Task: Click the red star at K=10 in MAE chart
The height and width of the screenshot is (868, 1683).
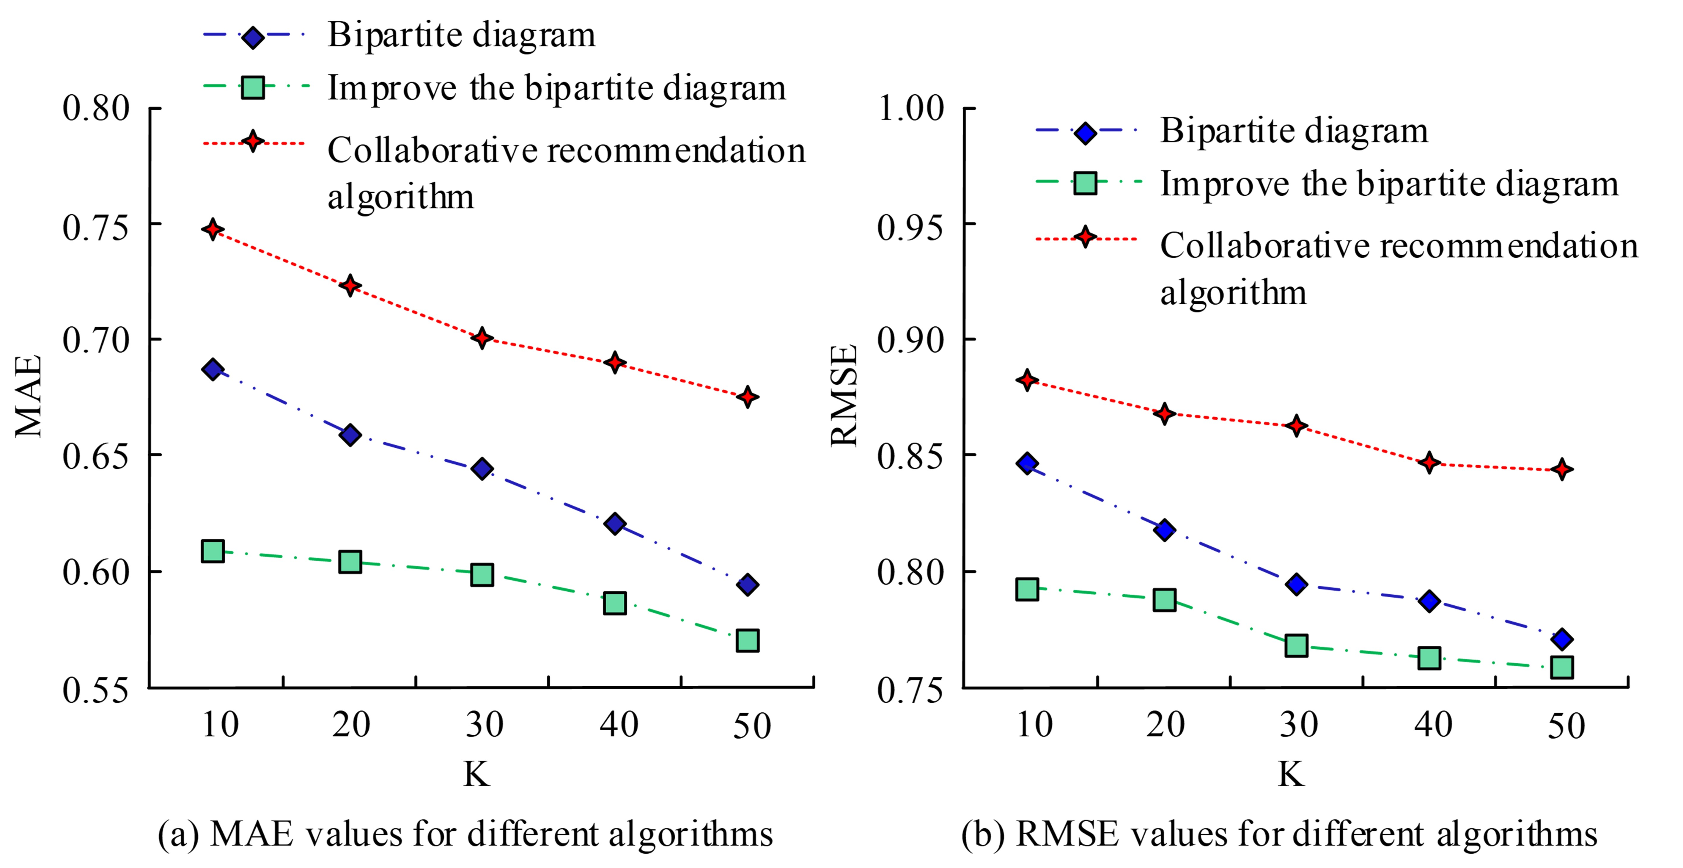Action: point(212,229)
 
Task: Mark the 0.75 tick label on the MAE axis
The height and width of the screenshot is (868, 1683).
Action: point(96,228)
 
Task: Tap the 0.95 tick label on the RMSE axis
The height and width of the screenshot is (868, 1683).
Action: point(911,228)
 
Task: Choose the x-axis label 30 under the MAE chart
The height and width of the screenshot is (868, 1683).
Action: point(484,725)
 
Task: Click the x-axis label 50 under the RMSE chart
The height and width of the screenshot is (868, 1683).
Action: point(1566,726)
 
